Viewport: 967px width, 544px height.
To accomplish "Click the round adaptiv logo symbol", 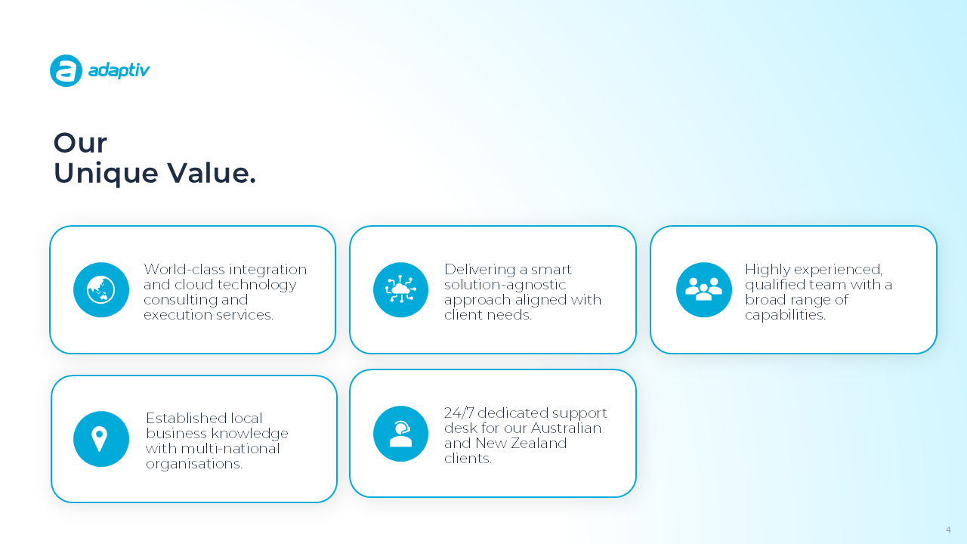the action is tap(66, 70).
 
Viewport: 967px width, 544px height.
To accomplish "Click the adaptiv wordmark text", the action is tap(119, 71).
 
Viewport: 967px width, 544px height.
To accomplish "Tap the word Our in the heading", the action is tap(80, 143).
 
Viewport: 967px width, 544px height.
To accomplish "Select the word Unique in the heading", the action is tap(106, 174).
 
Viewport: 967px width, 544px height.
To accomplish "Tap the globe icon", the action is tap(101, 289).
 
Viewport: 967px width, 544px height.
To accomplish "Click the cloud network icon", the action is tap(400, 289).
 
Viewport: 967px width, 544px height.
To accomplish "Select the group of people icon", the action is tap(703, 289).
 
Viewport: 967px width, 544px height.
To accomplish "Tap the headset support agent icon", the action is tap(400, 434).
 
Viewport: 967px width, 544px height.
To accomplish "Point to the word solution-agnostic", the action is tap(505, 285).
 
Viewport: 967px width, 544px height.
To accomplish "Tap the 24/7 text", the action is tap(459, 413).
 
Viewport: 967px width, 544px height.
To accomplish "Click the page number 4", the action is tap(948, 530).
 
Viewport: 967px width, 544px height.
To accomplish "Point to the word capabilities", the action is tap(785, 315).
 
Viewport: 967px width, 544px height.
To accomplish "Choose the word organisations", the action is tap(194, 464).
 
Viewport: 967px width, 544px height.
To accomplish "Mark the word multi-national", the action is tap(230, 449).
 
